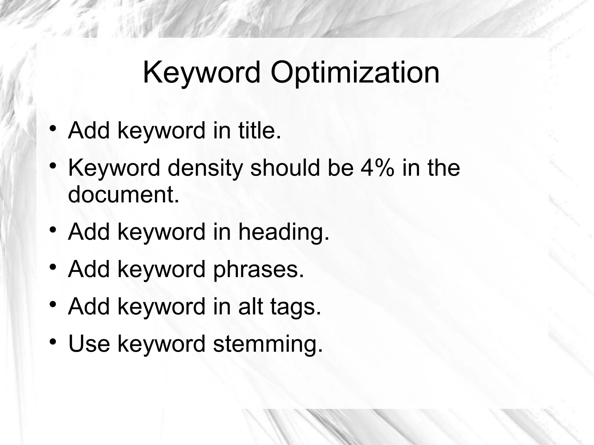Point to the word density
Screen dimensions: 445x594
[x=205, y=168]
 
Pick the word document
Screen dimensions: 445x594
[x=124, y=194]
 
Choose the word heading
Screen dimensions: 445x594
[x=284, y=232]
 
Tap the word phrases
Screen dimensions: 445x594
[x=258, y=269]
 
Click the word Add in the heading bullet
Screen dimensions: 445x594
[x=89, y=232]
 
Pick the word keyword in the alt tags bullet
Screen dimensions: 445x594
[x=161, y=307]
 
